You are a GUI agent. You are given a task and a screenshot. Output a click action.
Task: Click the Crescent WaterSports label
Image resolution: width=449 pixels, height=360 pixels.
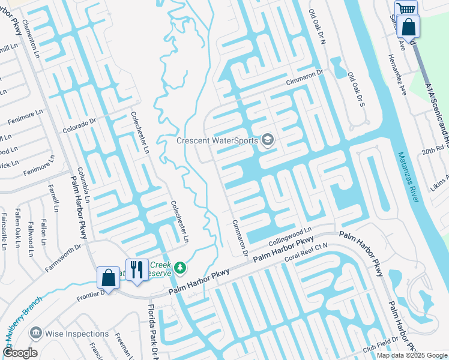(x=217, y=141)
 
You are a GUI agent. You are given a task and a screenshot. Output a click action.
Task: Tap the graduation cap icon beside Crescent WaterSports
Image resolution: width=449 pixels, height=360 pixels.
(x=268, y=141)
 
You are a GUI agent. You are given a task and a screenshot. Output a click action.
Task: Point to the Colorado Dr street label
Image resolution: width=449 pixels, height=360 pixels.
(x=80, y=125)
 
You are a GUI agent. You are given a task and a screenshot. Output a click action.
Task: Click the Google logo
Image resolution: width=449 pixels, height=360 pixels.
(x=20, y=353)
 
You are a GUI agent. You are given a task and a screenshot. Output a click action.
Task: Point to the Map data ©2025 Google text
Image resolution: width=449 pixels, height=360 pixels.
(x=412, y=355)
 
